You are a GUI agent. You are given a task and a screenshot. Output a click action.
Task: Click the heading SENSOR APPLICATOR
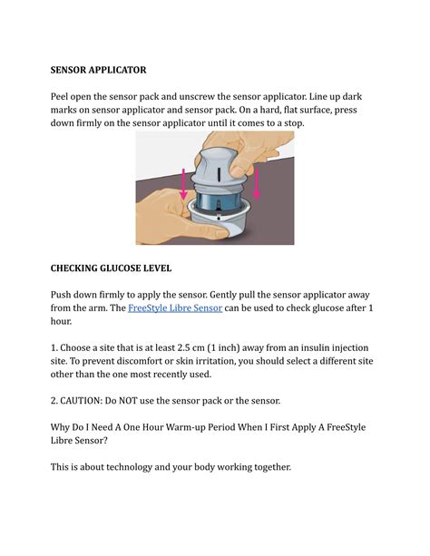(x=98, y=69)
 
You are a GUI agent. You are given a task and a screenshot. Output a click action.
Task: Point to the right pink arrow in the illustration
(x=257, y=184)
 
